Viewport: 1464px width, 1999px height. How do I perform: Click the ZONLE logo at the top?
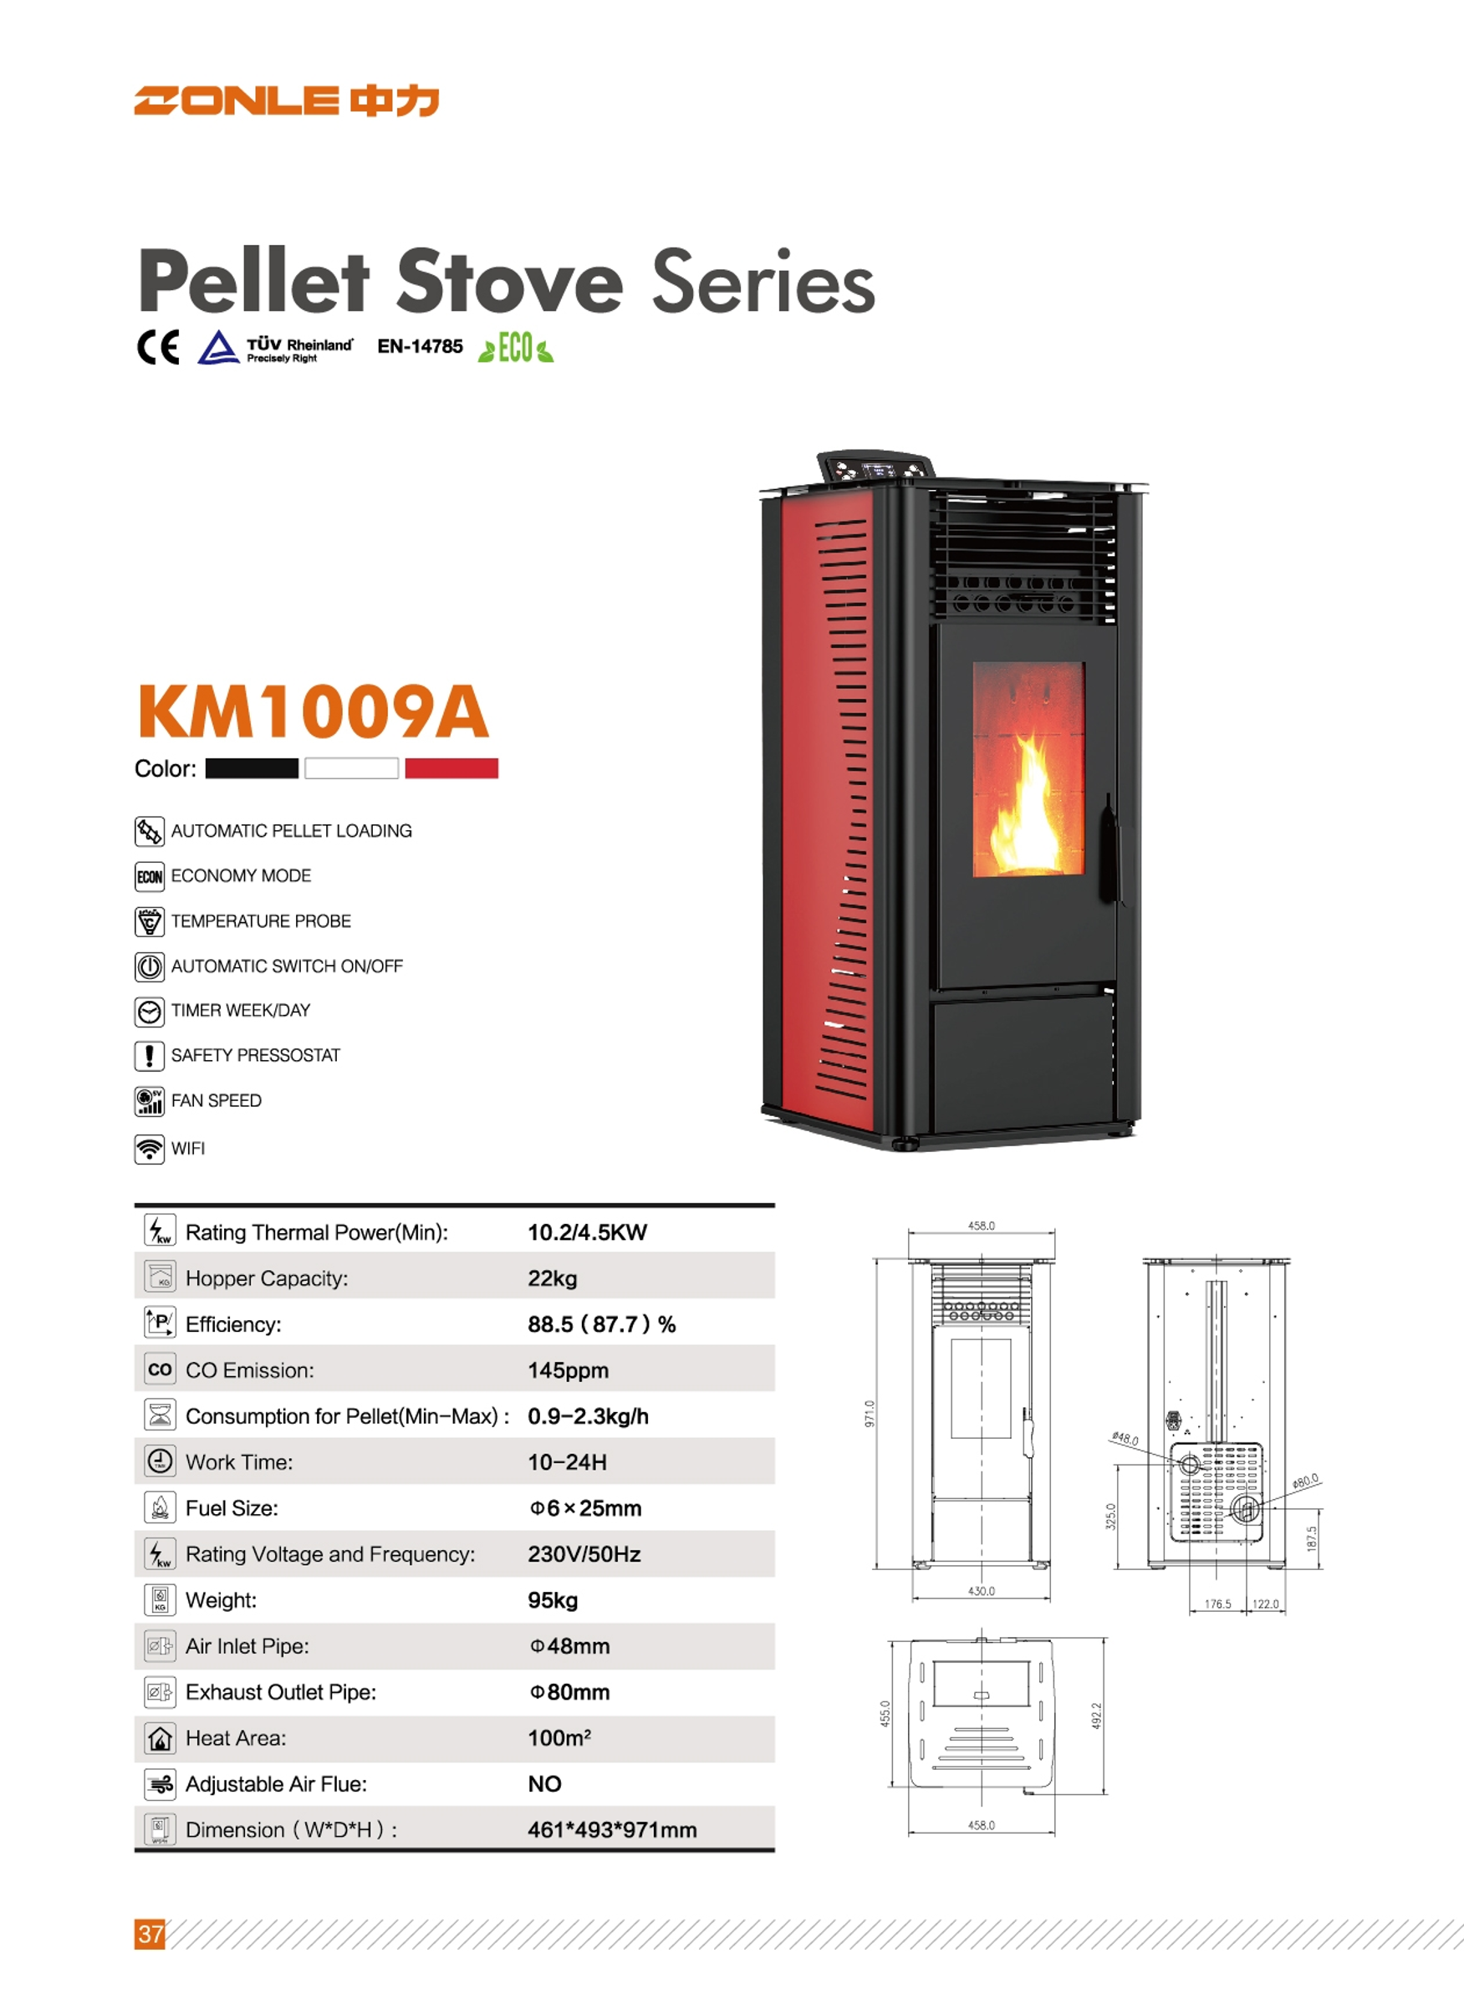click(x=286, y=101)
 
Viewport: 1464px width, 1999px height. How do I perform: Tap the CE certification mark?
click(x=159, y=346)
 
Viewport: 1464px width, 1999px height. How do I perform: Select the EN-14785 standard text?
click(x=420, y=346)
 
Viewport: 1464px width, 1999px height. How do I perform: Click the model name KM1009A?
click(x=313, y=711)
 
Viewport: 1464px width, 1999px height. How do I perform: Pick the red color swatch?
click(x=451, y=768)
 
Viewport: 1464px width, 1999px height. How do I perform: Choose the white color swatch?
click(x=351, y=768)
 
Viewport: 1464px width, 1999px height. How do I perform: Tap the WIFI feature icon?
click(x=149, y=1149)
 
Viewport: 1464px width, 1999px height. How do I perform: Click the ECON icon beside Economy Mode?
click(x=149, y=876)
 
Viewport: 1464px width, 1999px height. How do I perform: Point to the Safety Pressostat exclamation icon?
click(x=149, y=1055)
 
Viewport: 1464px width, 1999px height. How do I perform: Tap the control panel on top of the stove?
click(x=875, y=466)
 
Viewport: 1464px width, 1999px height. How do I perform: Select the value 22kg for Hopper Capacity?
click(x=552, y=1278)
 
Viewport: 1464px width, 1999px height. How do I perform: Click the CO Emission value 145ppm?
click(x=568, y=1371)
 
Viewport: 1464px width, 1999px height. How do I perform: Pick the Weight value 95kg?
click(x=553, y=1600)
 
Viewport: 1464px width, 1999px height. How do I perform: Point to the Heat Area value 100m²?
click(x=559, y=1737)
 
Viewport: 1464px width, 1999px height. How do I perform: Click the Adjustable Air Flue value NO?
click(x=545, y=1783)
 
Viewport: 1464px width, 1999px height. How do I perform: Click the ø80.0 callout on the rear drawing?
click(x=1305, y=1481)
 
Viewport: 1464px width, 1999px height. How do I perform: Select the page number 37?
click(x=150, y=1934)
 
